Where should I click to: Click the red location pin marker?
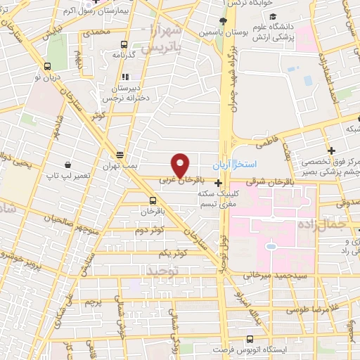[181, 165]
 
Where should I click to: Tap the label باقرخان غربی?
[175, 181]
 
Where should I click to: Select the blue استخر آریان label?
[259, 163]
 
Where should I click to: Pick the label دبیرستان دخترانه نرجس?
[127, 94]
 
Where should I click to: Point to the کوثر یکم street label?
[155, 252]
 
